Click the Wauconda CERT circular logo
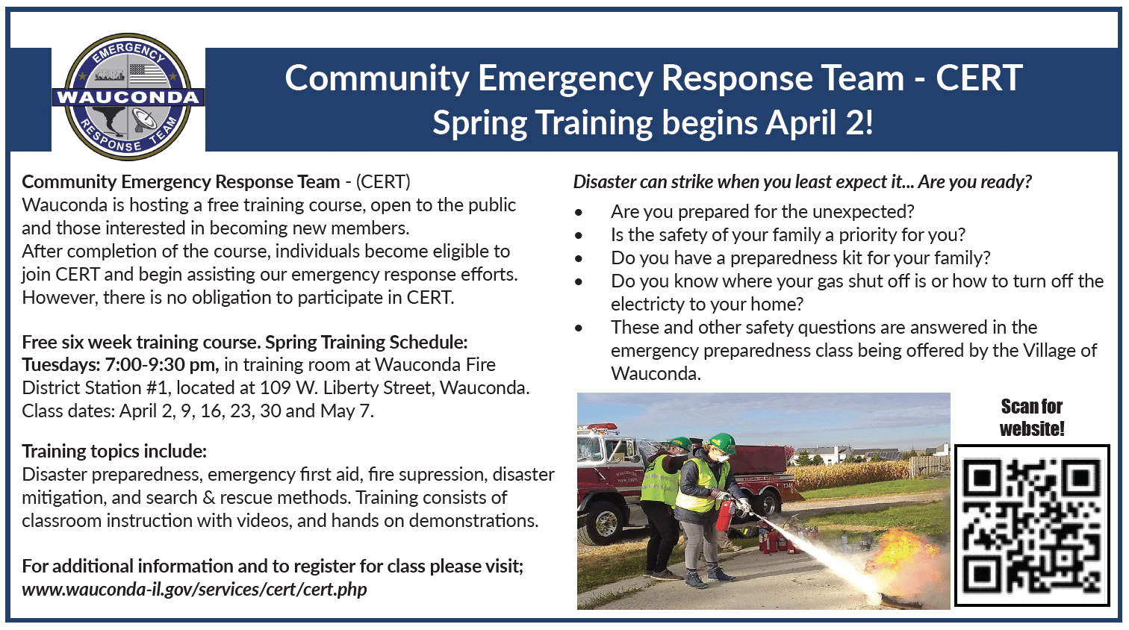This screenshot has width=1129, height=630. click(x=128, y=97)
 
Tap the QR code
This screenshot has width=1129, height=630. click(x=1032, y=525)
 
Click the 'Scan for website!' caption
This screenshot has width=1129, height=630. click(x=1032, y=417)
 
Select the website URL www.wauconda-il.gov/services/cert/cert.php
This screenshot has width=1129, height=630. click(x=194, y=589)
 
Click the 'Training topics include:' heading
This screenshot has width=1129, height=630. click(x=114, y=451)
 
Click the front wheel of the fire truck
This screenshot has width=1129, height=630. click(x=605, y=524)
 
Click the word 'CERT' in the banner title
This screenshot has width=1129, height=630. click(x=979, y=78)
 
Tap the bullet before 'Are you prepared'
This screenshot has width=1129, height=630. click(x=578, y=212)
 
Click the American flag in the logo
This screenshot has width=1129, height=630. click(x=148, y=75)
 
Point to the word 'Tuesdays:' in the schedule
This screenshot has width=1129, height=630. click(x=61, y=364)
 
